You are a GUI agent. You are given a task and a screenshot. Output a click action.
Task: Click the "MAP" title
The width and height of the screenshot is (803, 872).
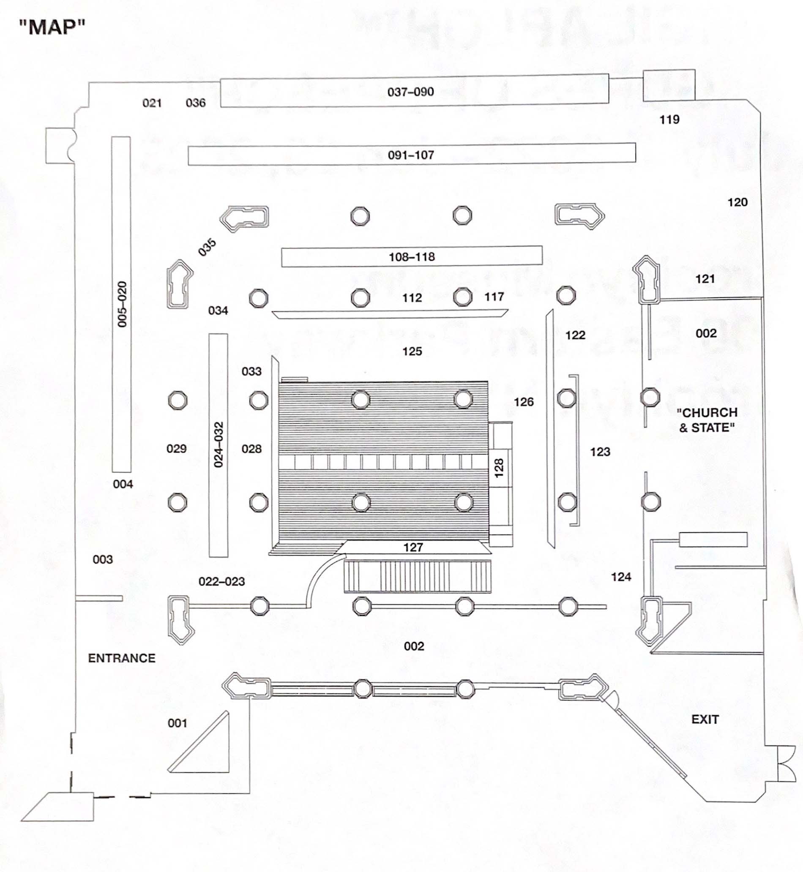(52, 27)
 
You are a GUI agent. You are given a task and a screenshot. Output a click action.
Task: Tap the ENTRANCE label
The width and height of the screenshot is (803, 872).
(122, 658)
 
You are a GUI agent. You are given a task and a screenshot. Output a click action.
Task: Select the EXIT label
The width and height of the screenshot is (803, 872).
(705, 719)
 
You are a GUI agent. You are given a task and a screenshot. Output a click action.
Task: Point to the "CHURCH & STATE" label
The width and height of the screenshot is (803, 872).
(707, 420)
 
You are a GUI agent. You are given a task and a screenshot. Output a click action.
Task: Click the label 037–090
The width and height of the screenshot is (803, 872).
(411, 92)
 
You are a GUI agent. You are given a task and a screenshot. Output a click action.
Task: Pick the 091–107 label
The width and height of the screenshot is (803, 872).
(411, 155)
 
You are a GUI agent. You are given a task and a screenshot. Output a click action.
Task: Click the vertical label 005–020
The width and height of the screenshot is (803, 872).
(122, 304)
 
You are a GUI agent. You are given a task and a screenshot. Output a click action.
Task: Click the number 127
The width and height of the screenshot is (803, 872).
(413, 548)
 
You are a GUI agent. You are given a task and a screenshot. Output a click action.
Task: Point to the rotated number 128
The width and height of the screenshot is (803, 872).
(499, 468)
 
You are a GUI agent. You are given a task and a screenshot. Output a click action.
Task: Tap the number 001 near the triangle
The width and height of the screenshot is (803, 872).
(177, 723)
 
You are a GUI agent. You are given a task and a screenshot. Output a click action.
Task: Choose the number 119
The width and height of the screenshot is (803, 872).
(669, 120)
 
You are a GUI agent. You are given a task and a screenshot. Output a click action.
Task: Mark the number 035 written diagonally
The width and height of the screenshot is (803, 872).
(207, 247)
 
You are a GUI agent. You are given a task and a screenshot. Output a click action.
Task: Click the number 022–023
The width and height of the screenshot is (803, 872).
(221, 581)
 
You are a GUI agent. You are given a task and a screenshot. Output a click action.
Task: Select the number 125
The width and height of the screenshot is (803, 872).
(412, 352)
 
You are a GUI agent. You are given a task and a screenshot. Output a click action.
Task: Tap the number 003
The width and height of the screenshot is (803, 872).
(103, 559)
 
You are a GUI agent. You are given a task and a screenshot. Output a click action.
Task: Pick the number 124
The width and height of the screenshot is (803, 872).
(621, 577)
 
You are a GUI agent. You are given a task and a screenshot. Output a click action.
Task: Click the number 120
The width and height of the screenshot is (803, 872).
(737, 202)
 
